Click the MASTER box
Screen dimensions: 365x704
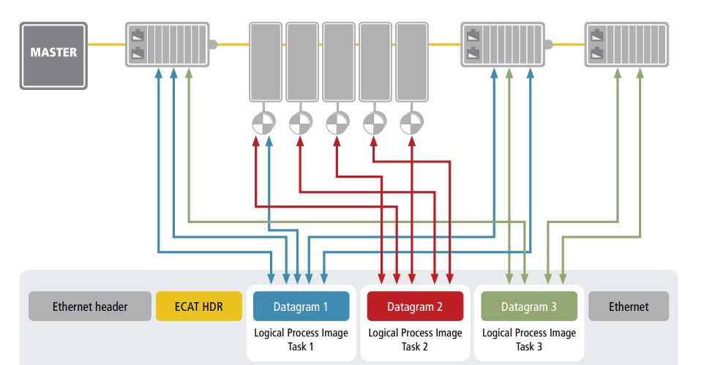53,56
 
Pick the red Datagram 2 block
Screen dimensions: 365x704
414,306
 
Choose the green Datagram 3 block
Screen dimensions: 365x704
528,306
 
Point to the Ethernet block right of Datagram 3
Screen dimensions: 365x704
628,306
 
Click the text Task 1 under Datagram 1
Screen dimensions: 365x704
301,346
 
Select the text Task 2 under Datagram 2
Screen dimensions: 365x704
415,346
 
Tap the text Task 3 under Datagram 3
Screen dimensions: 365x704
529,346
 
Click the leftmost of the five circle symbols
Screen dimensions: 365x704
263,122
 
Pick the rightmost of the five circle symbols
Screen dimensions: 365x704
411,122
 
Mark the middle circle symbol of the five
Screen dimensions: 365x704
337,122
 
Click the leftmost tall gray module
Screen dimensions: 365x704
265,62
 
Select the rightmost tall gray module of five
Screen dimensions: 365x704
411,62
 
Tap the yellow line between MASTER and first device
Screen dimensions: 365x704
106,45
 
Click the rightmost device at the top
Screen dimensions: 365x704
626,45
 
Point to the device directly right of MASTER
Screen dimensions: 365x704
167,45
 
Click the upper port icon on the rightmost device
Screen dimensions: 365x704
599,35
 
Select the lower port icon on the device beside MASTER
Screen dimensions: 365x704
138,53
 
